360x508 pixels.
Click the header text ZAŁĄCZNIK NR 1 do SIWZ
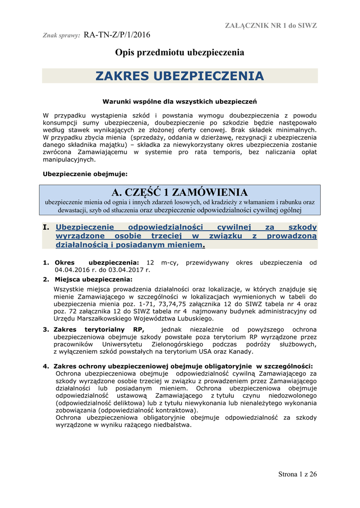[x=271, y=25]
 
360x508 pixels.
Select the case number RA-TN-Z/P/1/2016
[x=117, y=35]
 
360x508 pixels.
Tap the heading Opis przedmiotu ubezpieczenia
[x=180, y=52]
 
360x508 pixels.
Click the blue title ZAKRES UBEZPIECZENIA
[x=180, y=76]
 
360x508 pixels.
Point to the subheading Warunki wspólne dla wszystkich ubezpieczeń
[x=179, y=102]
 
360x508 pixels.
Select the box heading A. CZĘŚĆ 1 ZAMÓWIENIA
[x=180, y=192]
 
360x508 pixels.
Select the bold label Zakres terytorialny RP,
[x=99, y=329]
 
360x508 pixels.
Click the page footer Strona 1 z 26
[x=297, y=474]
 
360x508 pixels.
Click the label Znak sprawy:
[x=62, y=36]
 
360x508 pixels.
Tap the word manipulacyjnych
[x=69, y=160]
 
